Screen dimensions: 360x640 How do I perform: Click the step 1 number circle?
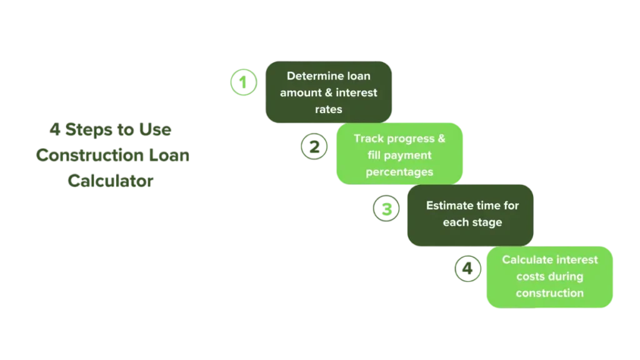pyautogui.click(x=243, y=82)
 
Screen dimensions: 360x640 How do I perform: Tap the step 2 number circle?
pyautogui.click(x=315, y=146)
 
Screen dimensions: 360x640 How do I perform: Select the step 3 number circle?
pyautogui.click(x=387, y=209)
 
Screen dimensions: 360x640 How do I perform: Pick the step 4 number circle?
pyautogui.click(x=468, y=269)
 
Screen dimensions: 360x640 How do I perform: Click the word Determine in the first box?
pyautogui.click(x=314, y=76)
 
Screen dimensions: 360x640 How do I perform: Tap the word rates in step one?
pyautogui.click(x=329, y=109)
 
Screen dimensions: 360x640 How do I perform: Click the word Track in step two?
pyautogui.click(x=368, y=138)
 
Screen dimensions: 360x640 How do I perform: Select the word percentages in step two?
pyautogui.click(x=399, y=171)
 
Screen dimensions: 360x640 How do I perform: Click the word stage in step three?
pyautogui.click(x=488, y=222)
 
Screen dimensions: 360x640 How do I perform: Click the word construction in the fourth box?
pyautogui.click(x=550, y=292)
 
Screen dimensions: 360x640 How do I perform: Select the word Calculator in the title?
pyautogui.click(x=111, y=182)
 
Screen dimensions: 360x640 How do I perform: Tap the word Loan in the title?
pyautogui.click(x=168, y=156)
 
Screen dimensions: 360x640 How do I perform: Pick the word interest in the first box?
pyautogui.click(x=356, y=92)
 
